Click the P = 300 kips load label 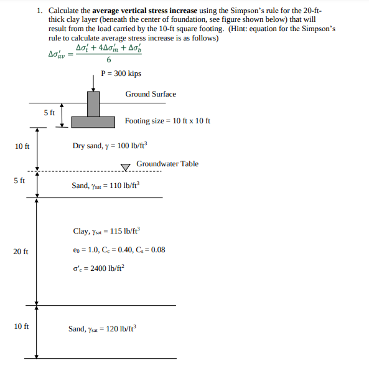tap(121, 74)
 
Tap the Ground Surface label tap(151, 94)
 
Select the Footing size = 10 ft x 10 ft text tap(167, 120)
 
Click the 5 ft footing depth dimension tap(49, 113)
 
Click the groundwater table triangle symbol tap(126, 166)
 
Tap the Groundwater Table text tap(167, 164)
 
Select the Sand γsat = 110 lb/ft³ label tap(106, 185)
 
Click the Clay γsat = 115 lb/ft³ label tap(106, 231)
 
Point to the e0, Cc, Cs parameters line tap(119, 250)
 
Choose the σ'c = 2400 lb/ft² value tap(100, 268)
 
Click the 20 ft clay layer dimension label tap(21, 252)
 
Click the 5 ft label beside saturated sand tap(19, 181)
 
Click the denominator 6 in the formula tap(109, 60)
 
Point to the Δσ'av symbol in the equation tap(58, 54)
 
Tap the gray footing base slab tap(93, 121)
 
